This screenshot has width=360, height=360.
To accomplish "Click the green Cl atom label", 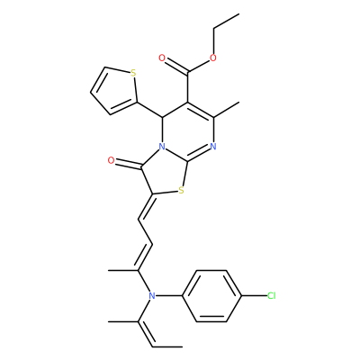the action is (272, 296).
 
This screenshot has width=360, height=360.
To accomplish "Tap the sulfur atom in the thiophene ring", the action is (133, 73).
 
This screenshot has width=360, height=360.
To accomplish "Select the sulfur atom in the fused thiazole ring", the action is (181, 190).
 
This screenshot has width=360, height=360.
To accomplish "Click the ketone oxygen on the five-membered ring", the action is (111, 161).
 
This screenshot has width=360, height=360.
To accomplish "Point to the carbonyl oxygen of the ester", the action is (162, 58).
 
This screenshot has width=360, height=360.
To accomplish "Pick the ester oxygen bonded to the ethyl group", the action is (213, 58).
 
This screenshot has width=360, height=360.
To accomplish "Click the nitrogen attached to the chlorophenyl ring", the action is (152, 296).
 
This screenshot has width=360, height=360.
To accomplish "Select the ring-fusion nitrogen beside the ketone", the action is (162, 147).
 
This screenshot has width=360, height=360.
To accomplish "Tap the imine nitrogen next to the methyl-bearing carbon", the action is (213, 147).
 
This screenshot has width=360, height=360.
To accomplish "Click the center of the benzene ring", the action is (211, 296).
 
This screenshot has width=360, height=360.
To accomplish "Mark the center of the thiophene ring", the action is (115, 90).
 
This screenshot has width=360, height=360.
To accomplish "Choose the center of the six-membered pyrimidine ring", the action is (188, 132).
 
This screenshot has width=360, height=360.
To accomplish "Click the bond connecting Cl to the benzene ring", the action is (254, 296).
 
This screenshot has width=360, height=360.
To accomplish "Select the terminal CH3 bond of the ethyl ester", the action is (226, 22).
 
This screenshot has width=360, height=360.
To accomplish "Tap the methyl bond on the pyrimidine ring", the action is (226, 110).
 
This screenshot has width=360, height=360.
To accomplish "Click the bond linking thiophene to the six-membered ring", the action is (150, 110).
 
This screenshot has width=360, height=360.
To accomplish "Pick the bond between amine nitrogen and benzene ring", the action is (169, 296).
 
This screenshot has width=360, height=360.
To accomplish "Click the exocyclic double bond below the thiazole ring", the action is (146, 207).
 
